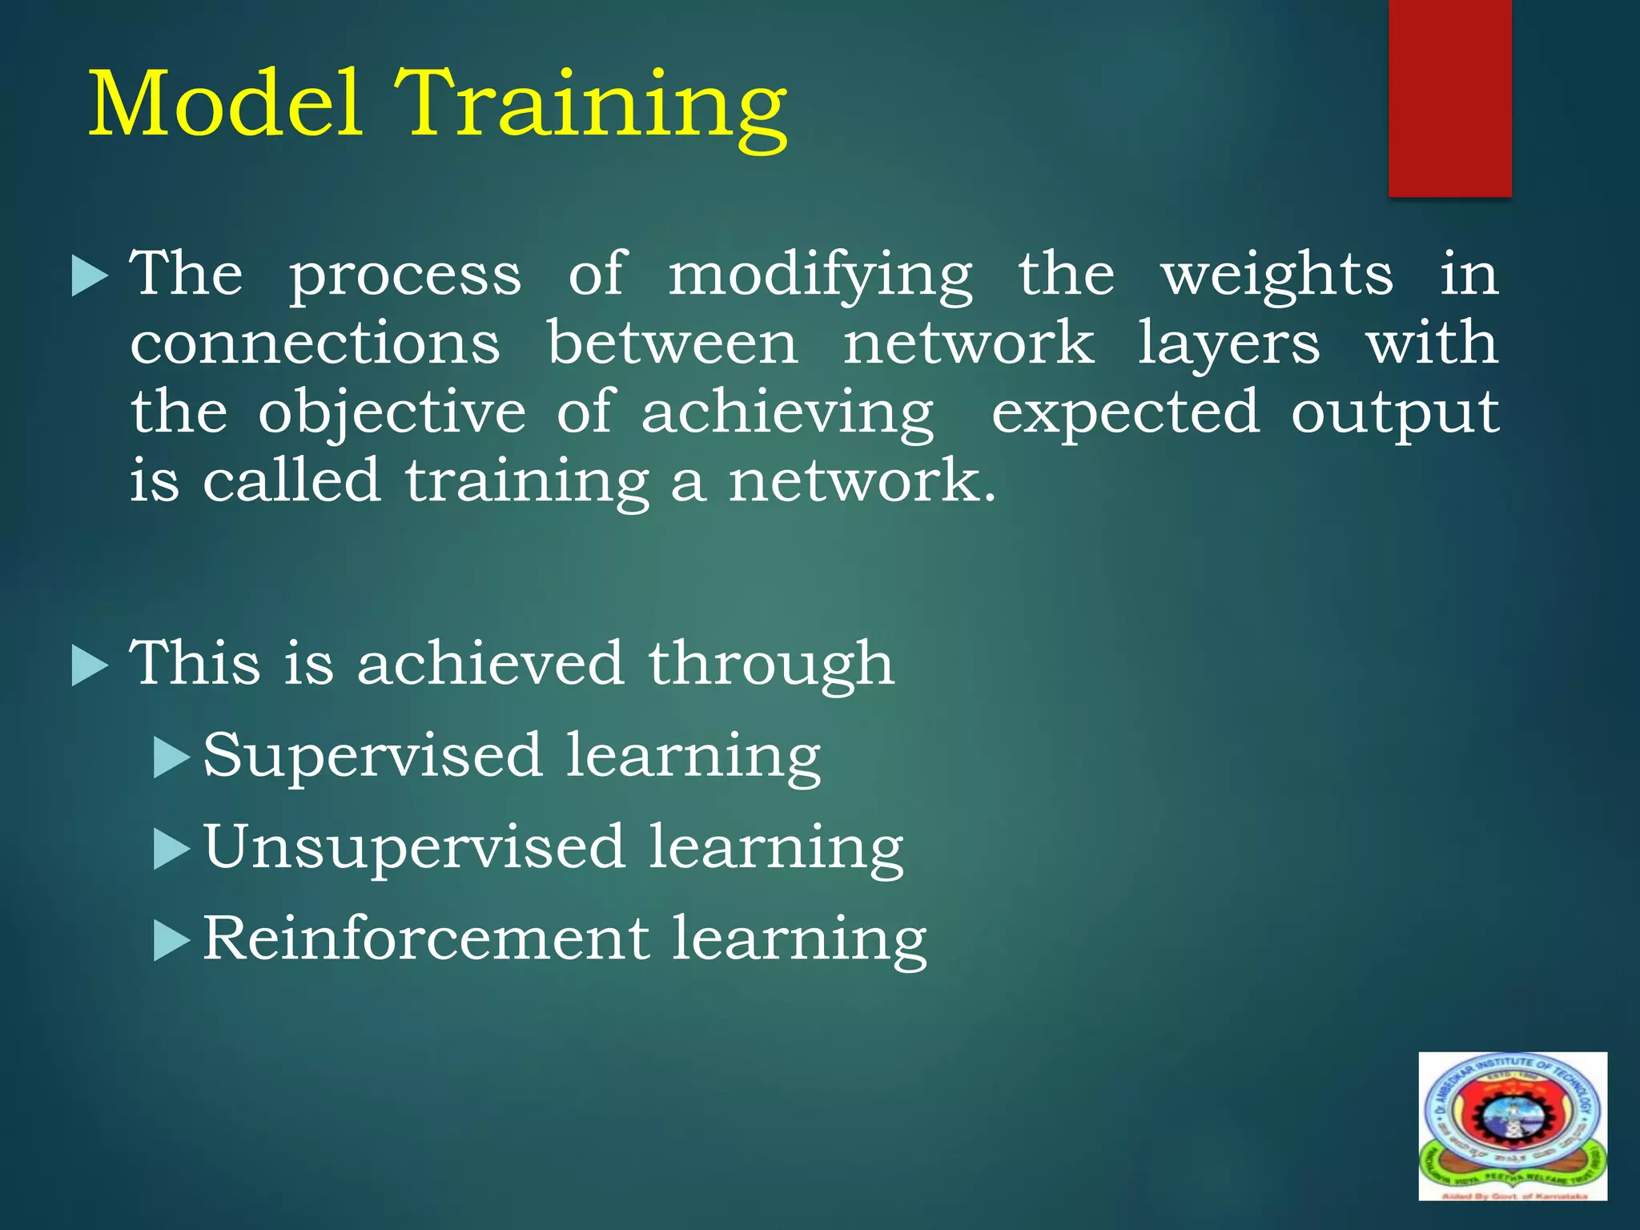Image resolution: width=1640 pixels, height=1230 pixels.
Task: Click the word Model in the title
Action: tap(226, 104)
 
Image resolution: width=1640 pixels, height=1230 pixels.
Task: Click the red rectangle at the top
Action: tap(1449, 98)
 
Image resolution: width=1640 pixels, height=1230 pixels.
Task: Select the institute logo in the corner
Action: tap(1513, 1125)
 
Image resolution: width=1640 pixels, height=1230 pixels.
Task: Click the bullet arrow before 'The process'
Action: tap(89, 276)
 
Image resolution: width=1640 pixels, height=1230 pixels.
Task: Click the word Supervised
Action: tap(372, 757)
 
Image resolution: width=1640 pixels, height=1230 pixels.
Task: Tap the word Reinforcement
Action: tap(425, 939)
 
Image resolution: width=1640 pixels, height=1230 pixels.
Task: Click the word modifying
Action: tap(820, 276)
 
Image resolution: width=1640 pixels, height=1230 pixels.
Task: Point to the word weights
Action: tap(1276, 276)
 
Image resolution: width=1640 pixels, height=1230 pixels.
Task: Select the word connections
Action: tap(316, 344)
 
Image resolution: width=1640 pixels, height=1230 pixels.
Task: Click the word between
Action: tap(673, 344)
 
